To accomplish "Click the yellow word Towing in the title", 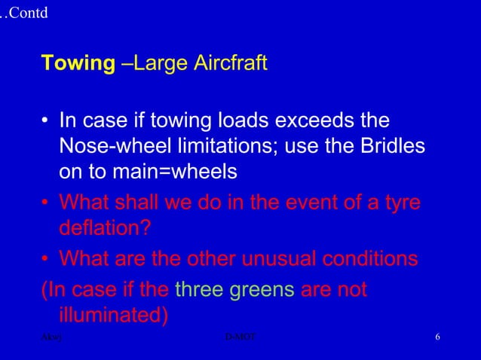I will (x=77, y=63).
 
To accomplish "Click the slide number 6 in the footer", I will (x=437, y=336).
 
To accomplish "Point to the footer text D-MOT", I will (x=240, y=336).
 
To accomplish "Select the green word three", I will (x=199, y=289).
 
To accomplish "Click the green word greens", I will (x=262, y=289).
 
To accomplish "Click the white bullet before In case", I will (x=46, y=122).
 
